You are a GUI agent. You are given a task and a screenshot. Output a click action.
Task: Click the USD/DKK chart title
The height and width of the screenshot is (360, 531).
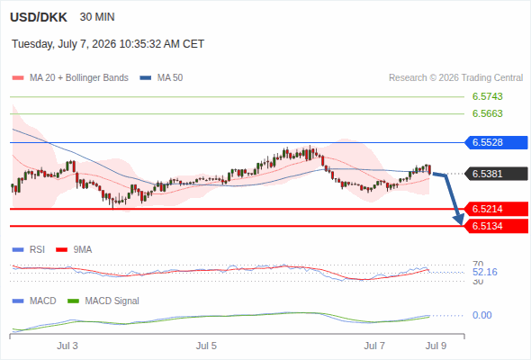coord(39,17)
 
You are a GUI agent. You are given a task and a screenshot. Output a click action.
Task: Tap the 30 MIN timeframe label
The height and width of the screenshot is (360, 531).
coord(97,17)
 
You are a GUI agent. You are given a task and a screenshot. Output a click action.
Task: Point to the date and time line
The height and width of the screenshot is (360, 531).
coord(108,44)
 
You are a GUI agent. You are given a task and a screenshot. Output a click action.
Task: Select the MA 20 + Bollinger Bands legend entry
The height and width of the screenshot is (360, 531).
coord(70,78)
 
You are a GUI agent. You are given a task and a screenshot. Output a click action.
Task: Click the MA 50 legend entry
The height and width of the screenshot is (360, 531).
coord(161,78)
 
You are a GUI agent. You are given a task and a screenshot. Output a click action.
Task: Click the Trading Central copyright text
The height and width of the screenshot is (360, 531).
coord(455,78)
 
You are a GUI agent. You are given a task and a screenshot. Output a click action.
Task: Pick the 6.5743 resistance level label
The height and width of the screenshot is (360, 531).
coord(487,96)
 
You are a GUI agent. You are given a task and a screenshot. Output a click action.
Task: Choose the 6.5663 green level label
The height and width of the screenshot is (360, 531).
coord(487,113)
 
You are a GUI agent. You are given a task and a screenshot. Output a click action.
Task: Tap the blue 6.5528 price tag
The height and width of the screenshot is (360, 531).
coord(495,142)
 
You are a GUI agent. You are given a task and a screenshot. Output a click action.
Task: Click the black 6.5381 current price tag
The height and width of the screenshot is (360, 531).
coord(495,174)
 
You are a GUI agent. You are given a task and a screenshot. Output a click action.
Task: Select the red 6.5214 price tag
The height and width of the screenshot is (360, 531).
coord(495,209)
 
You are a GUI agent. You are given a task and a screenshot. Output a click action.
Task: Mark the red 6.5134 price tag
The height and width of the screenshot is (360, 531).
coord(495,226)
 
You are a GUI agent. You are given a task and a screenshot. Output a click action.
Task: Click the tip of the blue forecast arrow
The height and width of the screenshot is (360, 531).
coord(462,224)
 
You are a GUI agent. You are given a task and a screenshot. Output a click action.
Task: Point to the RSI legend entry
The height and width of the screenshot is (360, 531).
coord(29,250)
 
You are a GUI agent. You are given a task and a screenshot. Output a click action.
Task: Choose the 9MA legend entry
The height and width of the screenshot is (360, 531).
coord(74,250)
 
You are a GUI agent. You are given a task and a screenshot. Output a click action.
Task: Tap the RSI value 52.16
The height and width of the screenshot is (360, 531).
coord(485,272)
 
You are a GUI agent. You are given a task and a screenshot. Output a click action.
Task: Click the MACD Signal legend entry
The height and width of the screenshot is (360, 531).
coord(103,301)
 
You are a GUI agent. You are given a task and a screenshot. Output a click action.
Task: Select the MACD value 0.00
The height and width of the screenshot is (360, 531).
coord(481,315)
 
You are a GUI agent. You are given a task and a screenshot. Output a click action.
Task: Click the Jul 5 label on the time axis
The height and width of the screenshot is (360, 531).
coord(206,346)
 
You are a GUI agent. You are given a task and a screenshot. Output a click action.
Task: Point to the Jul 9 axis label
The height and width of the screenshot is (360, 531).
coord(436,346)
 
